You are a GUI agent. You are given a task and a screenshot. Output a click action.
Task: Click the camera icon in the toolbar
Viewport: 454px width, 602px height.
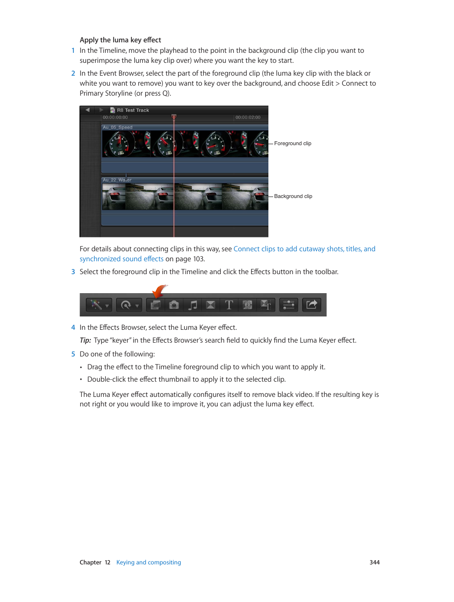click(174, 305)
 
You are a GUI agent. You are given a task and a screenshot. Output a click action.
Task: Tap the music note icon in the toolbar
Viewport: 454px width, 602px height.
click(193, 305)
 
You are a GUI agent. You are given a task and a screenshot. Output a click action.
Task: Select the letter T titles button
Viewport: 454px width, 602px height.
click(229, 305)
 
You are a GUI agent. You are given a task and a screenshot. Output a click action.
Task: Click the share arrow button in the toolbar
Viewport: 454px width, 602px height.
click(312, 305)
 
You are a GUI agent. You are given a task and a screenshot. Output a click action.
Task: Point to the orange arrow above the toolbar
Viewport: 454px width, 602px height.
click(159, 290)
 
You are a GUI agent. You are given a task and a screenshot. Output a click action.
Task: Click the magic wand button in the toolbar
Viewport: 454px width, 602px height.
click(97, 305)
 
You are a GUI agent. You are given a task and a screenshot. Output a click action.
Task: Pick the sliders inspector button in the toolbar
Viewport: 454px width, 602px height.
click(288, 305)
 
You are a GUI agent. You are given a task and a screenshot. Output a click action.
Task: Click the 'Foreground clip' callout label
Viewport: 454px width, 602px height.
click(293, 143)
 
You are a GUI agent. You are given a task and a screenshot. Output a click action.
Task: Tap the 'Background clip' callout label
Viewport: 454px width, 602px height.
click(293, 196)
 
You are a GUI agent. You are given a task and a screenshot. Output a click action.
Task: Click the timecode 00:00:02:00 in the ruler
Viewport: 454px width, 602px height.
click(248, 118)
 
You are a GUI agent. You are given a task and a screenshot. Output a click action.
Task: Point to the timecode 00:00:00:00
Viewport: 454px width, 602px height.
click(115, 118)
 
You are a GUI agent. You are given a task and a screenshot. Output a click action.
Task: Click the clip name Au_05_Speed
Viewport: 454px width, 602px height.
click(118, 128)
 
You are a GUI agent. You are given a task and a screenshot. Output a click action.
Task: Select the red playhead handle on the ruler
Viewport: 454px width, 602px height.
click(174, 117)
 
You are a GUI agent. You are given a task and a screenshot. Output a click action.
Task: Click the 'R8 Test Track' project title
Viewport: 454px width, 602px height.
click(133, 110)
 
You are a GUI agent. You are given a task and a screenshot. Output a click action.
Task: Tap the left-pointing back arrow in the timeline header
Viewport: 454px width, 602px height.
click(88, 110)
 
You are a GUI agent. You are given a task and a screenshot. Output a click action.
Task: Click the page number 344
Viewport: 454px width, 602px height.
click(375, 563)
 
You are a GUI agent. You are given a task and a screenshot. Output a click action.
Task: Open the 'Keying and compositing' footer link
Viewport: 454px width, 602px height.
click(148, 563)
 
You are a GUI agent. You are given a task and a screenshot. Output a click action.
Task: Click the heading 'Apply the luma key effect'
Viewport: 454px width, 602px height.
click(120, 40)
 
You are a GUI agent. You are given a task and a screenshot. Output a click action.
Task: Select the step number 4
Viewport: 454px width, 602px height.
click(73, 327)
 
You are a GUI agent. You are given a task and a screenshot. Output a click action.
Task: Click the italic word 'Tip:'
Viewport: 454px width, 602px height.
click(85, 340)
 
